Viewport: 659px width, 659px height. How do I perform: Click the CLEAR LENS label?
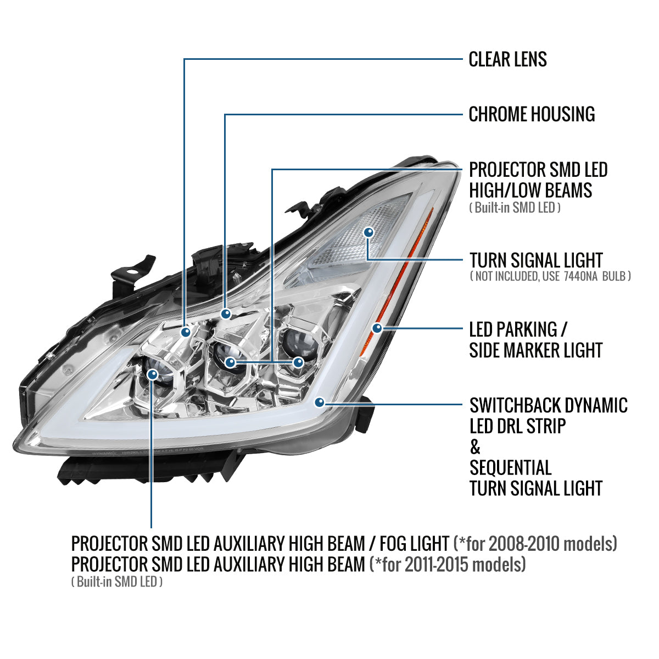click(507, 59)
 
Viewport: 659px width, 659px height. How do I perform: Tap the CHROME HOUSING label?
click(532, 114)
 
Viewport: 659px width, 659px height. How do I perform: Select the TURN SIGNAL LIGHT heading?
click(536, 261)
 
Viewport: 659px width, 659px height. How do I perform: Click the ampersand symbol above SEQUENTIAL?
click(475, 447)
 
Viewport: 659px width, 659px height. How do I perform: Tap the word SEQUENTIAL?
click(511, 467)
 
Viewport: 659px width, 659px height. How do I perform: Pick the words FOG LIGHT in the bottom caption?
click(414, 544)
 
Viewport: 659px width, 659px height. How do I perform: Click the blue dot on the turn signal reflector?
click(368, 232)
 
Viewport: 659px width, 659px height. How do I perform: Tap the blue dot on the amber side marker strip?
click(377, 328)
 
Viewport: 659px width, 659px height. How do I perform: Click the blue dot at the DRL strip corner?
click(320, 402)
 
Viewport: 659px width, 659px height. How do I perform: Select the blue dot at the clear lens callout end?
click(186, 332)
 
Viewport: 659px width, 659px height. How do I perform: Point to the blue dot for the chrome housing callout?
click(226, 314)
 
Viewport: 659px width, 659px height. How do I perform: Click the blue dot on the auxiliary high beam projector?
click(152, 375)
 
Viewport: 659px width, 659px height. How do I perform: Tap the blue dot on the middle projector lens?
click(230, 362)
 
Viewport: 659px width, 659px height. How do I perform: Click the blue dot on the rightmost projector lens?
click(298, 362)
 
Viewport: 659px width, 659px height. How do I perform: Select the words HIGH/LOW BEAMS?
click(530, 191)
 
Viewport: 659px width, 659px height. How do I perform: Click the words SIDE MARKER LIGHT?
click(535, 350)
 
